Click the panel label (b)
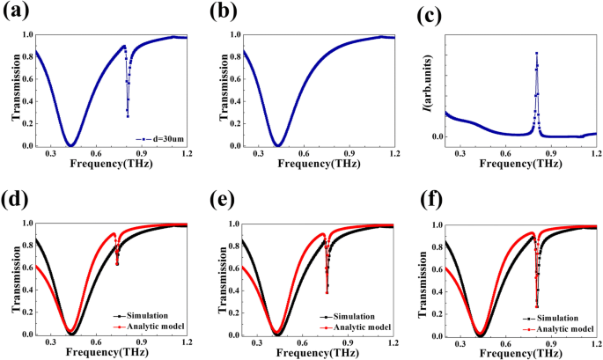click(x=217, y=12)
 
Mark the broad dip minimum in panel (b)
click(x=278, y=145)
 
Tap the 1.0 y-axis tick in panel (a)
click(x=26, y=35)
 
